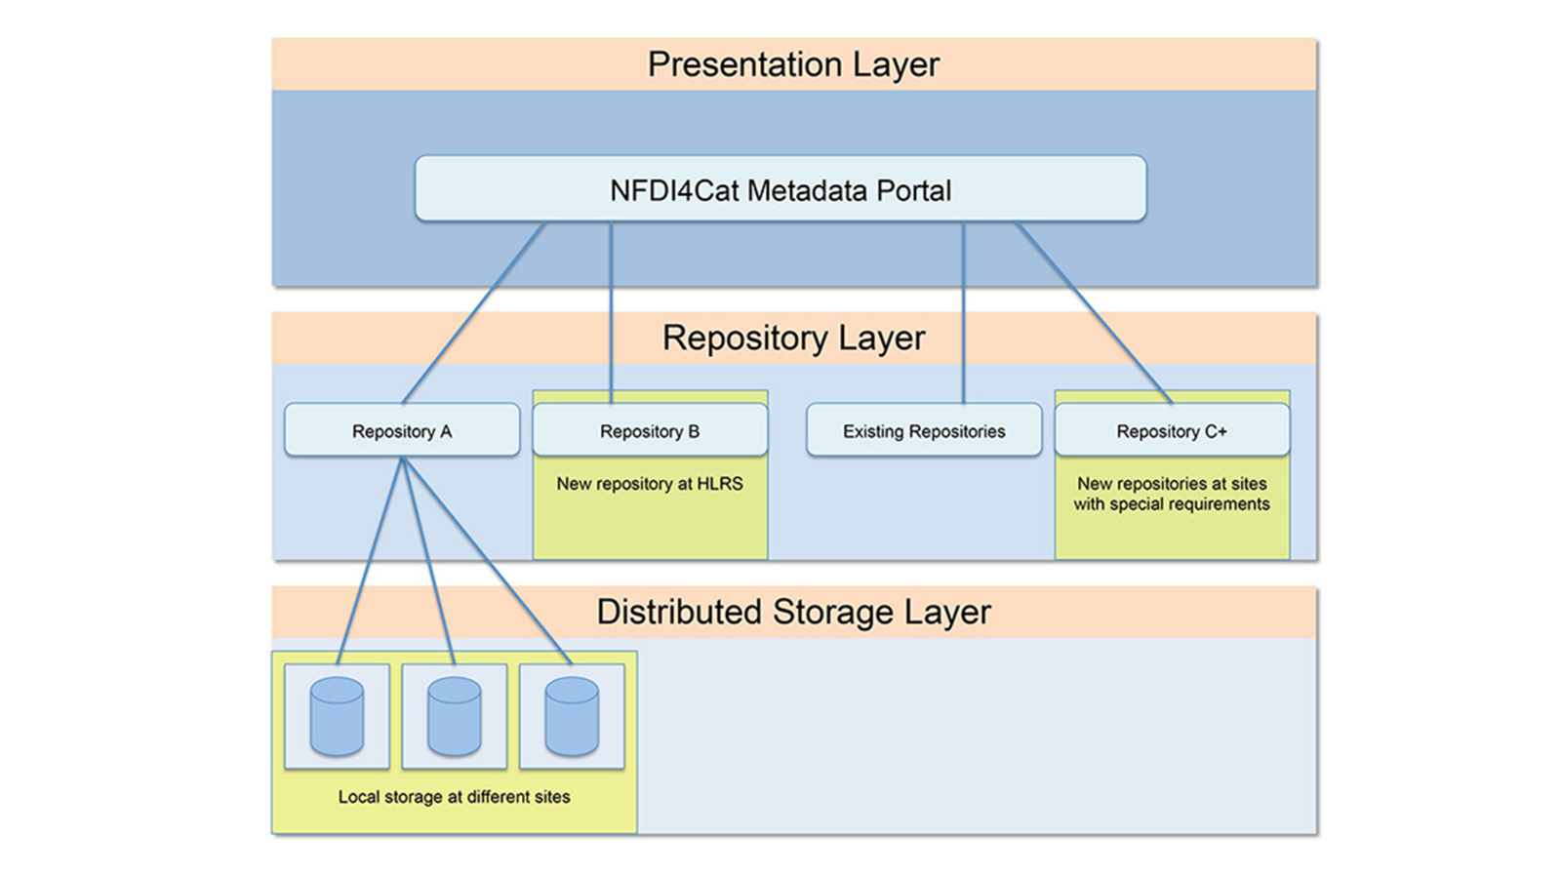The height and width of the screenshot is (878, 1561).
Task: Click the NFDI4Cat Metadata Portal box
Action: click(780, 189)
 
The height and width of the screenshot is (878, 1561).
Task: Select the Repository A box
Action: click(402, 430)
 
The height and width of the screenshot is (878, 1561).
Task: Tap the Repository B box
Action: click(650, 430)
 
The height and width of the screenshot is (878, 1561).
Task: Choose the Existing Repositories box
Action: click(924, 430)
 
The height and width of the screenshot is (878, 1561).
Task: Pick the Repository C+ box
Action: click(1172, 430)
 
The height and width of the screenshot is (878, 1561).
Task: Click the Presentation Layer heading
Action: click(794, 64)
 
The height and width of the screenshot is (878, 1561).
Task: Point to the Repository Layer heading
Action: click(794, 339)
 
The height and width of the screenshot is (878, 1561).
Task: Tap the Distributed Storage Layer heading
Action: click(794, 612)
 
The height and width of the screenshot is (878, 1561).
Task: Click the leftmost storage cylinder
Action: click(337, 717)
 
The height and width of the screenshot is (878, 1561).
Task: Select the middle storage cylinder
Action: click(455, 717)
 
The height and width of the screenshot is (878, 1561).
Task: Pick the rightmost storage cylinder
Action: click(572, 717)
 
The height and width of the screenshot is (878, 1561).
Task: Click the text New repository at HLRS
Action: click(650, 484)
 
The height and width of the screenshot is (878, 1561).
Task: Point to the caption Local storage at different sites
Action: click(455, 796)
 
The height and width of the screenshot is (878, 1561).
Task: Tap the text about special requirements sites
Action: click(1172, 494)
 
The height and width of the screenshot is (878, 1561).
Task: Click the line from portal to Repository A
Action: click(474, 313)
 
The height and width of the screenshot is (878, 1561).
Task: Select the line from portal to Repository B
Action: click(611, 313)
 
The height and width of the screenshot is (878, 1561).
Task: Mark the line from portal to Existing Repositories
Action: click(964, 313)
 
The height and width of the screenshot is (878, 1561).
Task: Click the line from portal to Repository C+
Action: click(1094, 313)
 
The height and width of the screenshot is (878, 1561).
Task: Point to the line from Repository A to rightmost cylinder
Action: click(487, 561)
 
